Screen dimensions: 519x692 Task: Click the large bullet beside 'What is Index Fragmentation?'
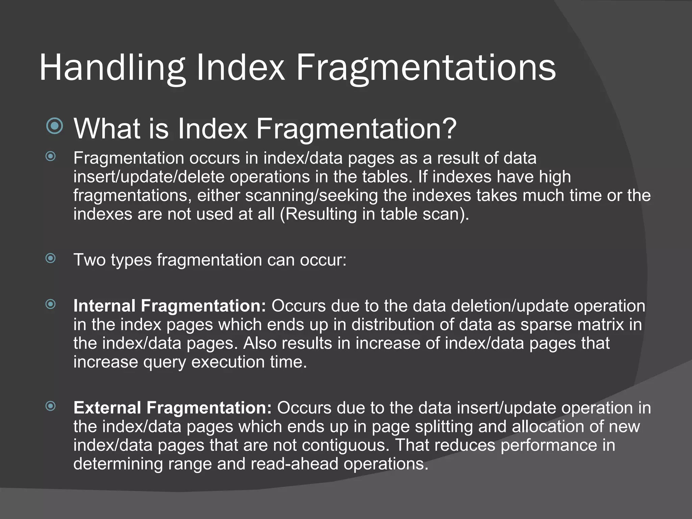55,126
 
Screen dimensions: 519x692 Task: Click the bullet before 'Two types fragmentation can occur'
51,258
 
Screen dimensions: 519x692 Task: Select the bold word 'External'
107,408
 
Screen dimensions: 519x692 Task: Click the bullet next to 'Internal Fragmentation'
51,304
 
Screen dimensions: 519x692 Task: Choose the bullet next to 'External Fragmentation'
51,406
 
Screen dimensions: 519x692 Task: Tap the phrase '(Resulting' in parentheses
318,214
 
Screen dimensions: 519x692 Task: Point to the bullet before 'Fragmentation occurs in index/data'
51,156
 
